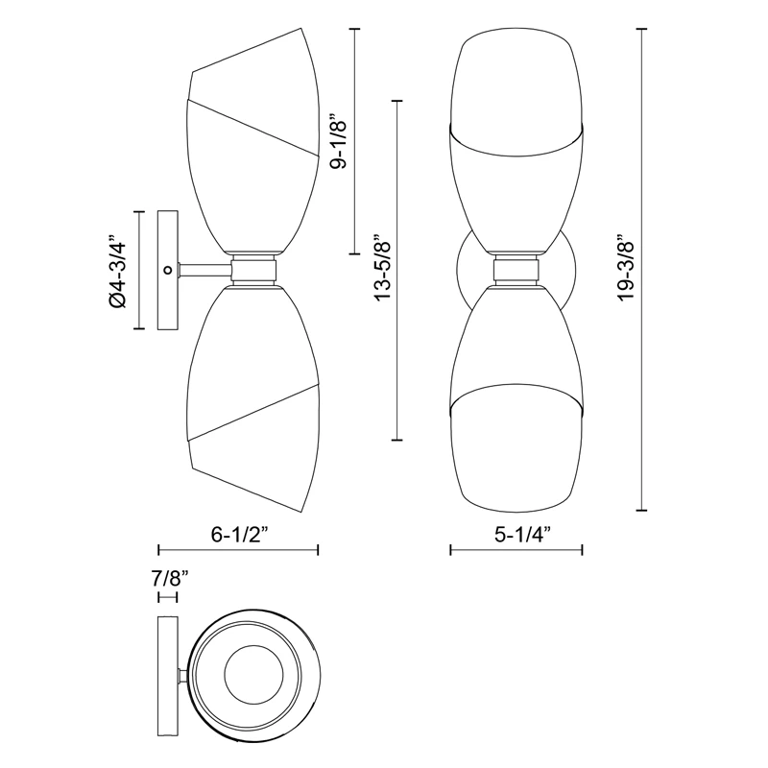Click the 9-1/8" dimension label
pos(335,143)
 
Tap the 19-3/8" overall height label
pos(627,268)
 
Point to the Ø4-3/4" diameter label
pos(118,272)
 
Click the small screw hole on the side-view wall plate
pos(168,272)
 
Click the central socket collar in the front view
pos(516,271)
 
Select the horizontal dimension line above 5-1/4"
pos(516,550)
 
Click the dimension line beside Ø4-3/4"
pos(140,272)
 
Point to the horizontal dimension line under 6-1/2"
pos(237,550)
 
